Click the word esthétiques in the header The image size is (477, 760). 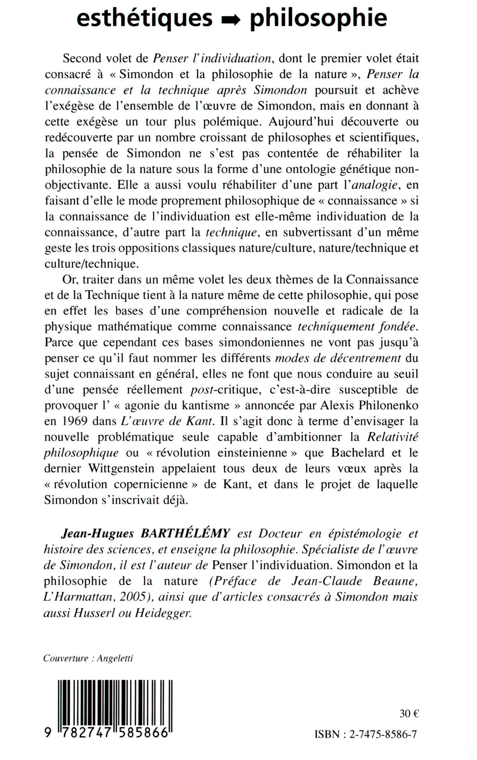(x=145, y=18)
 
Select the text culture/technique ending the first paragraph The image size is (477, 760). (x=92, y=264)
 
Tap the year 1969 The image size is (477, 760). (x=73, y=422)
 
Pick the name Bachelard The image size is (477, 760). (x=357, y=453)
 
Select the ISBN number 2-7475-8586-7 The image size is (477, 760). (x=383, y=735)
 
